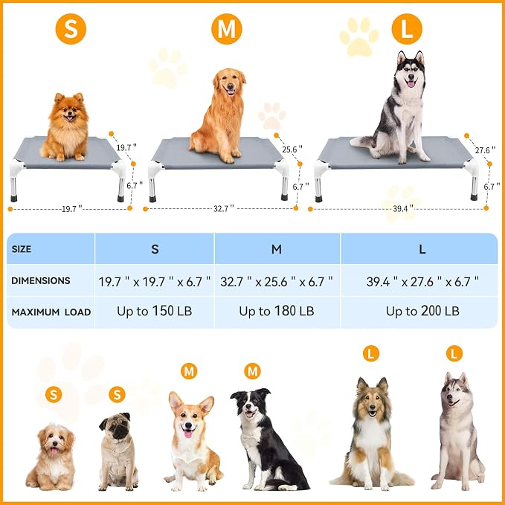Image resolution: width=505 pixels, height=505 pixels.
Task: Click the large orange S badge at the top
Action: tap(71, 29)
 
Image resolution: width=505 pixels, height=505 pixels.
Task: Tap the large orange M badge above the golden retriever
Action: tap(227, 29)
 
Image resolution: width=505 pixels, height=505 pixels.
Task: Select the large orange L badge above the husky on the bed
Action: tap(407, 29)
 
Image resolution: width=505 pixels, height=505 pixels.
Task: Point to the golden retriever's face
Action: tap(230, 84)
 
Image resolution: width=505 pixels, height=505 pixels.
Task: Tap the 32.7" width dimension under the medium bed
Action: tap(224, 209)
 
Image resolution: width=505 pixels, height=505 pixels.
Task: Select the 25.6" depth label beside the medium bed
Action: tap(292, 149)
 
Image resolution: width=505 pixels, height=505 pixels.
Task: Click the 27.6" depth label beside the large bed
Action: tap(485, 150)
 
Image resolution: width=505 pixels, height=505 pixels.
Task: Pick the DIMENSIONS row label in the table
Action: tap(41, 280)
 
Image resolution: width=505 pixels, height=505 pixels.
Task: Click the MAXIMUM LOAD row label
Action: tap(51, 312)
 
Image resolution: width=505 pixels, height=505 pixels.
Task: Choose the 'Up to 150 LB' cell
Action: tap(154, 311)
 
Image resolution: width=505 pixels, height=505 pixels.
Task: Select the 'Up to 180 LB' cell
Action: tap(277, 311)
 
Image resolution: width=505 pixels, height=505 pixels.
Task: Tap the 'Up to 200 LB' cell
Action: tap(422, 311)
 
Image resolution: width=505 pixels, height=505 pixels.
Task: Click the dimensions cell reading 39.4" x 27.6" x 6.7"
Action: tap(422, 281)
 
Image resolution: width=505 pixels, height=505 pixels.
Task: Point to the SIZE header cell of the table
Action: tap(51, 248)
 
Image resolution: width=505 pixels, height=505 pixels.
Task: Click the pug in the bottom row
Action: tap(118, 451)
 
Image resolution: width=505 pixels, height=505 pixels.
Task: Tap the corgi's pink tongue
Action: tap(188, 434)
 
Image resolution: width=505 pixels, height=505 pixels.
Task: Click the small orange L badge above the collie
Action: tap(371, 354)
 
